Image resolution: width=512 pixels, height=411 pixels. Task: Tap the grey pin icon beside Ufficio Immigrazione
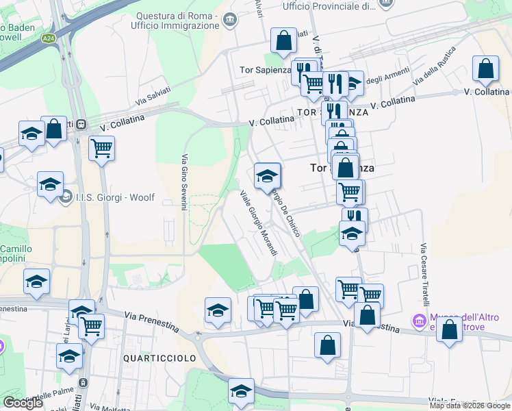pyautogui.click(x=229, y=20)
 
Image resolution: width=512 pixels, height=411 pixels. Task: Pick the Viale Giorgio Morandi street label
pyautogui.click(x=259, y=224)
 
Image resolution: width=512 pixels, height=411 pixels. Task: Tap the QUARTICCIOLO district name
pyautogui.click(x=159, y=358)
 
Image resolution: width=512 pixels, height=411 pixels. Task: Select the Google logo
pyautogui.click(x=23, y=403)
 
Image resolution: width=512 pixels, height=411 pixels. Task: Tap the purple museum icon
pyautogui.click(x=418, y=320)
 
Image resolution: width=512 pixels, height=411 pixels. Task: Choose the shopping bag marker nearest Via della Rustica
pyautogui.click(x=485, y=69)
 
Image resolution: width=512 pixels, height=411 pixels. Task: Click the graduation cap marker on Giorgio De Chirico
pyautogui.click(x=267, y=176)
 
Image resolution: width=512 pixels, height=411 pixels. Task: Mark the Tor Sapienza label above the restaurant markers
pyautogui.click(x=264, y=70)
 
